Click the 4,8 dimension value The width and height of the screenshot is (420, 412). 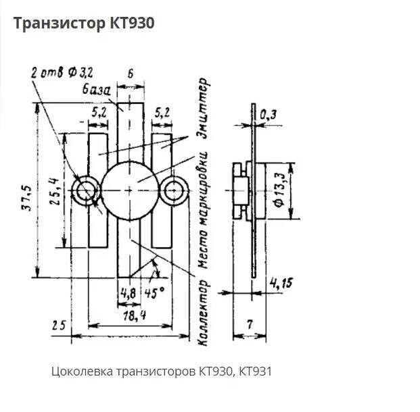point(128,292)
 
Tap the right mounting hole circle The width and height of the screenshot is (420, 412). point(174,191)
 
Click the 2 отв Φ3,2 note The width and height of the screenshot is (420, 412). point(62,71)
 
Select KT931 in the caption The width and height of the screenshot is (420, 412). point(256,371)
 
